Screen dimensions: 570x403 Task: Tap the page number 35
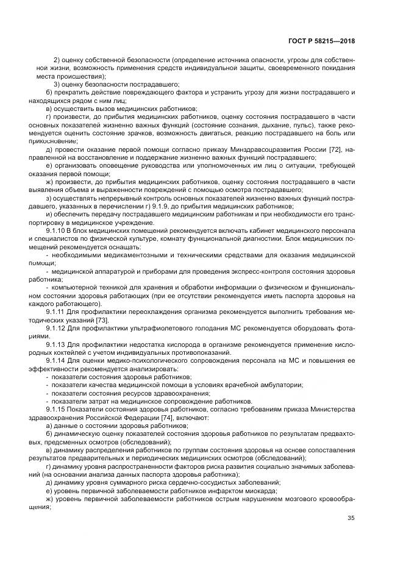(351, 519)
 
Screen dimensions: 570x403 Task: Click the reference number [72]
(344, 149)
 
